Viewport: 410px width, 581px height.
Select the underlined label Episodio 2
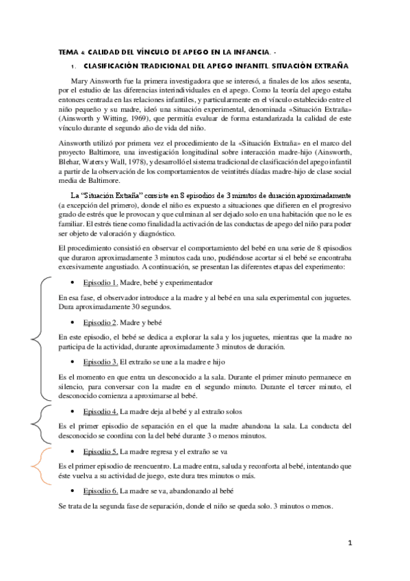pos(101,321)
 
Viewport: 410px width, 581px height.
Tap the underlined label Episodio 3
pos(101,360)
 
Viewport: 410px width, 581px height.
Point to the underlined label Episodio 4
pos(101,411)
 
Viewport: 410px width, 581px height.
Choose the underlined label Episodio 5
pos(101,452)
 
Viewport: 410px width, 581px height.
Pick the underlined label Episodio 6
pos(101,491)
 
